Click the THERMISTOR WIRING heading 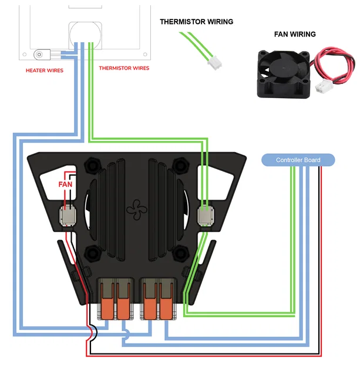196,22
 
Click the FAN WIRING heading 294,34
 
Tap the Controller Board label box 298,160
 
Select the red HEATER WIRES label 45,70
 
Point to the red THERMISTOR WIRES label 124,68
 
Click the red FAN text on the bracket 65,184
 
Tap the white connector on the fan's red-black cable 322,87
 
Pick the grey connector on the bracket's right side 204,215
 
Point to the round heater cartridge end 39,55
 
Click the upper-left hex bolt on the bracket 93,165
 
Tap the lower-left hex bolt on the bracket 93,254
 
